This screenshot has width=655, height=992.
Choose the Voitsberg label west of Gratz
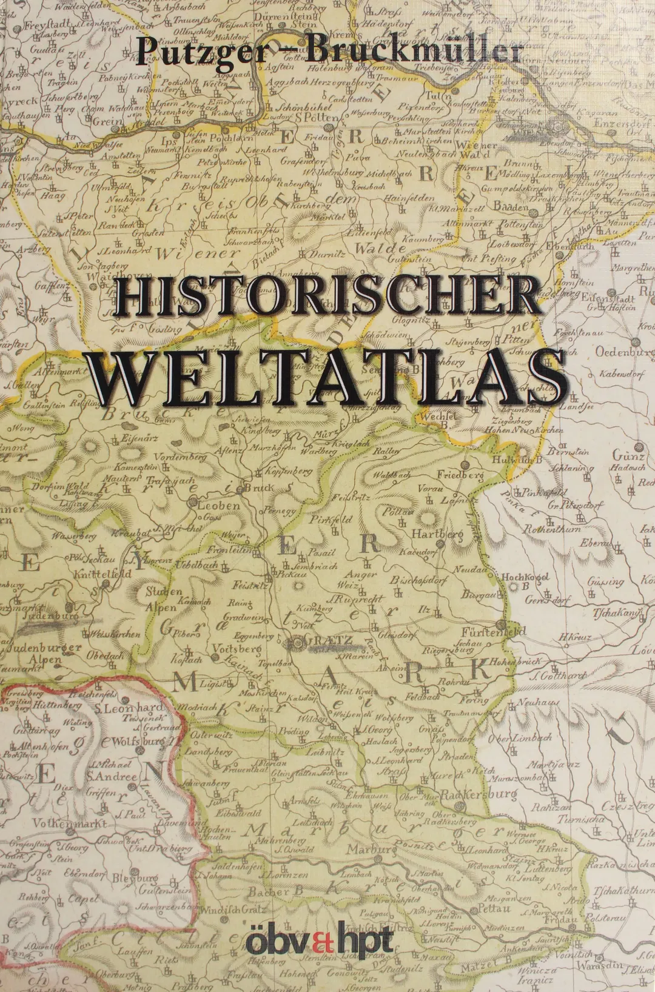click(237, 649)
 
